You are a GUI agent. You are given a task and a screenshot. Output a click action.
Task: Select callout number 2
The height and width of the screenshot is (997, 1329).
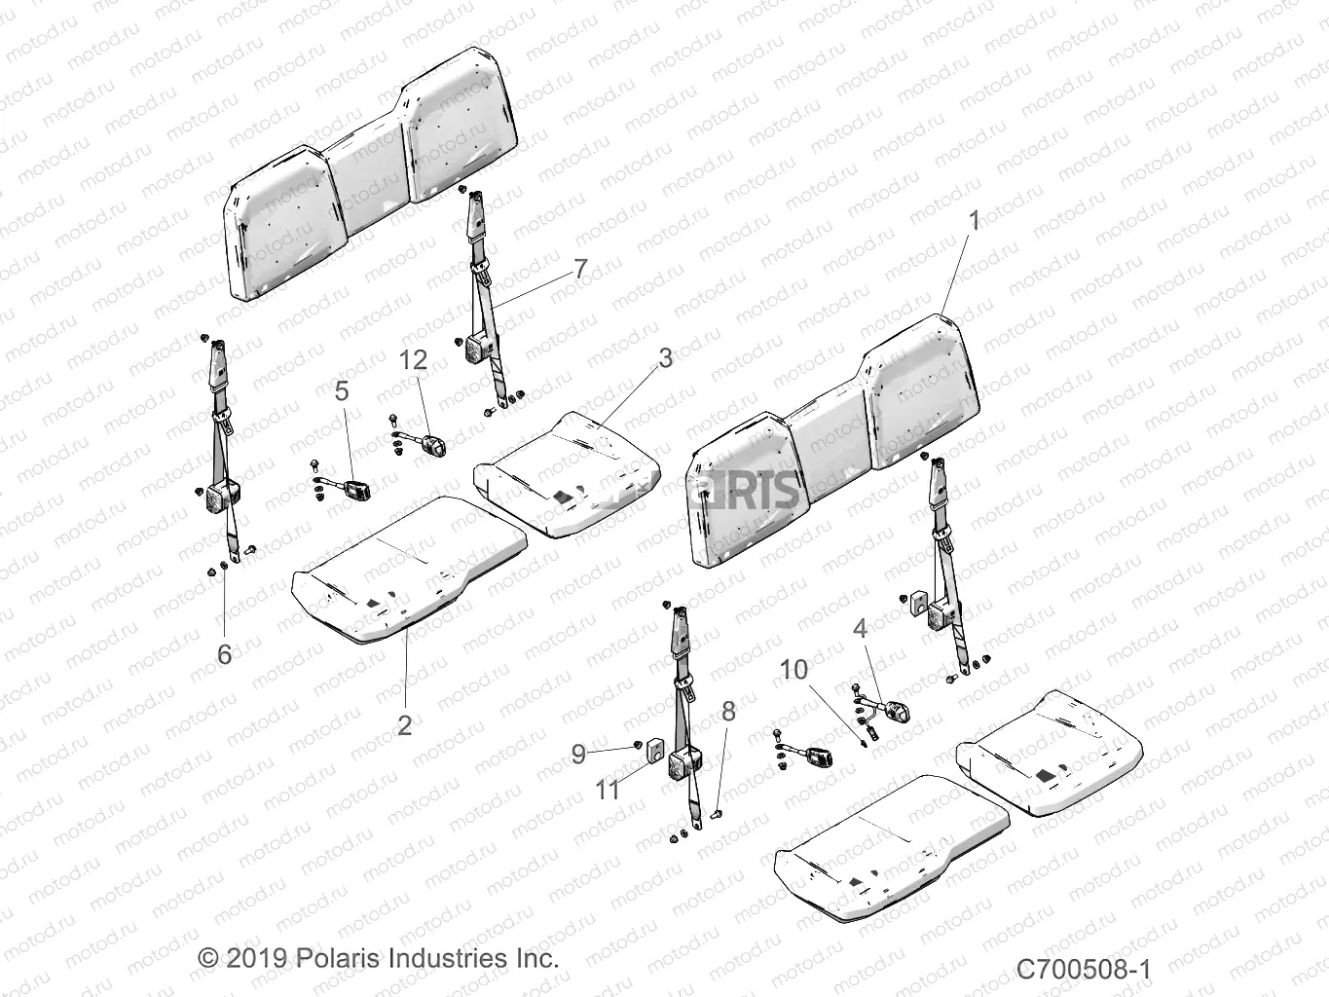tap(405, 724)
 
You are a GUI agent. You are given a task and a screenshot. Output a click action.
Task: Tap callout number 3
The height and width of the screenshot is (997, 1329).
tap(665, 357)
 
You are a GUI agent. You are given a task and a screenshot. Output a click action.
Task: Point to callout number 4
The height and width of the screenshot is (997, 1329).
tap(860, 628)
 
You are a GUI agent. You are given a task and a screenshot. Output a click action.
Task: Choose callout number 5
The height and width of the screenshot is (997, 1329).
tap(341, 390)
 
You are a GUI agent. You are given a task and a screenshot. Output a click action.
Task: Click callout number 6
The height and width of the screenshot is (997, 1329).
tap(225, 654)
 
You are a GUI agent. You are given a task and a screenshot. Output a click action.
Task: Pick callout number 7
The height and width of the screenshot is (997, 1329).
tap(580, 269)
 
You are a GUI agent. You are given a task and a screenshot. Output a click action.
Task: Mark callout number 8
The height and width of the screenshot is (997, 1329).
tap(728, 712)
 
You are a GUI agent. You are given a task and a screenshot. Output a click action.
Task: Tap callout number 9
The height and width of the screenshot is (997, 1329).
tap(578, 753)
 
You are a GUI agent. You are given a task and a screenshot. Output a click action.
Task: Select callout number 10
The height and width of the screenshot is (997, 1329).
tap(794, 669)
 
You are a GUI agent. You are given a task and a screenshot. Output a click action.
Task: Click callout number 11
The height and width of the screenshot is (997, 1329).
tap(609, 790)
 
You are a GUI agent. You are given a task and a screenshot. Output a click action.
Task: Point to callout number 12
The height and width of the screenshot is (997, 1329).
tap(413, 360)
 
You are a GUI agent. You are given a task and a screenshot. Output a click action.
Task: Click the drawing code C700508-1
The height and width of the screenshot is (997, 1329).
tap(1084, 969)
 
